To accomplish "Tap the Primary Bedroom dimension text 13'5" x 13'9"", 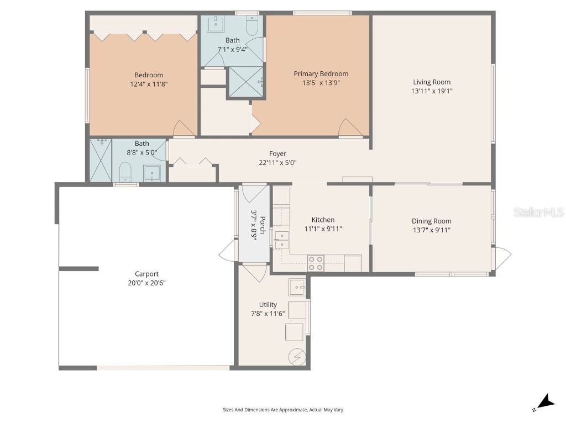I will (x=321, y=83).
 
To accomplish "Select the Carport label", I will (x=146, y=274).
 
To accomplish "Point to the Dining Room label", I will (x=431, y=221).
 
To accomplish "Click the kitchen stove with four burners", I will (x=316, y=263).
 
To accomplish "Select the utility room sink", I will (x=297, y=286).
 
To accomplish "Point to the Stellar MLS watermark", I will (x=538, y=212).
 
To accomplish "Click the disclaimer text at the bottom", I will (x=283, y=410).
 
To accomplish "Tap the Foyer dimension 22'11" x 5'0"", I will (x=277, y=163).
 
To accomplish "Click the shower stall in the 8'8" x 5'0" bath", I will (x=101, y=160).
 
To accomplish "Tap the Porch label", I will (x=254, y=224).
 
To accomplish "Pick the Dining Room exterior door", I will (x=502, y=258).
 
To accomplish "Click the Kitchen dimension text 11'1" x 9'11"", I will (x=323, y=229).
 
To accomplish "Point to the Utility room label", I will (x=268, y=305).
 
